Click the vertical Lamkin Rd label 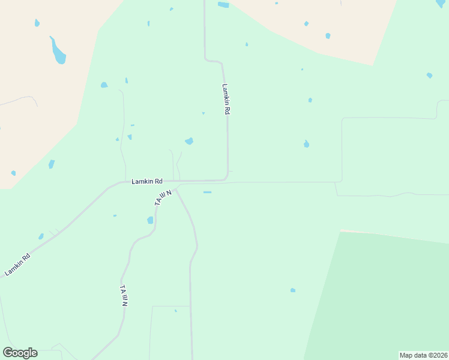click(226, 99)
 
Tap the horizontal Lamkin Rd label click(148, 181)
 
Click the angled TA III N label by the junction click(163, 198)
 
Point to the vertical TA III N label click(124, 296)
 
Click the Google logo click(20, 353)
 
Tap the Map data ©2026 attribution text click(423, 355)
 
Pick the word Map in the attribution click(406, 355)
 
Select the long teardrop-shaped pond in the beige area click(58, 52)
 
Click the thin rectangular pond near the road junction click(207, 193)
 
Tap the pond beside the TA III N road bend click(150, 220)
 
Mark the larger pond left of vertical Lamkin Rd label click(189, 141)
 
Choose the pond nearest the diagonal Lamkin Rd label click(41, 236)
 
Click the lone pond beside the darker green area click(293, 290)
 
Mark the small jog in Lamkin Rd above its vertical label click(214, 61)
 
